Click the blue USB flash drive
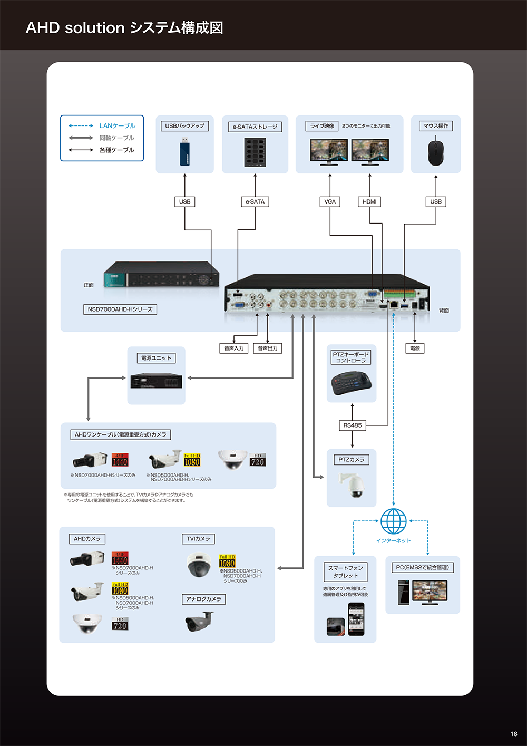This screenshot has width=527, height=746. point(184,152)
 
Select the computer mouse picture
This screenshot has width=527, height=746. point(436,151)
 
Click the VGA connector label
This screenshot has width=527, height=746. point(330,201)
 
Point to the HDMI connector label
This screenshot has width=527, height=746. point(369,201)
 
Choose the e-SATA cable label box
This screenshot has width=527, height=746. point(255,201)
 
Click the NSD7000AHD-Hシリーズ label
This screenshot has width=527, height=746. point(120,309)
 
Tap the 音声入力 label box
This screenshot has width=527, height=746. point(234,348)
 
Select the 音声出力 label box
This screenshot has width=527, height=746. point(268,348)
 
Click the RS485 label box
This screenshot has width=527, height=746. point(353,425)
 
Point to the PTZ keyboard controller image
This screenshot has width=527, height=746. point(352,383)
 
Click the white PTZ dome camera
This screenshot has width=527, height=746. point(352,485)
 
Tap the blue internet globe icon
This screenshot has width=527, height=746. point(394,521)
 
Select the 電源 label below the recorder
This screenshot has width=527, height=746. point(415,348)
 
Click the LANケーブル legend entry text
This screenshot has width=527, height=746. point(118,126)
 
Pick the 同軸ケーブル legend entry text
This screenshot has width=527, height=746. point(117,138)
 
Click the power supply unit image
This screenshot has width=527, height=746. point(157,381)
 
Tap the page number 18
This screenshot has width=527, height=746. point(514,734)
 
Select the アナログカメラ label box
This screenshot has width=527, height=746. point(204,599)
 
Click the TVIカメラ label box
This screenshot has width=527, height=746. point(198,539)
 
